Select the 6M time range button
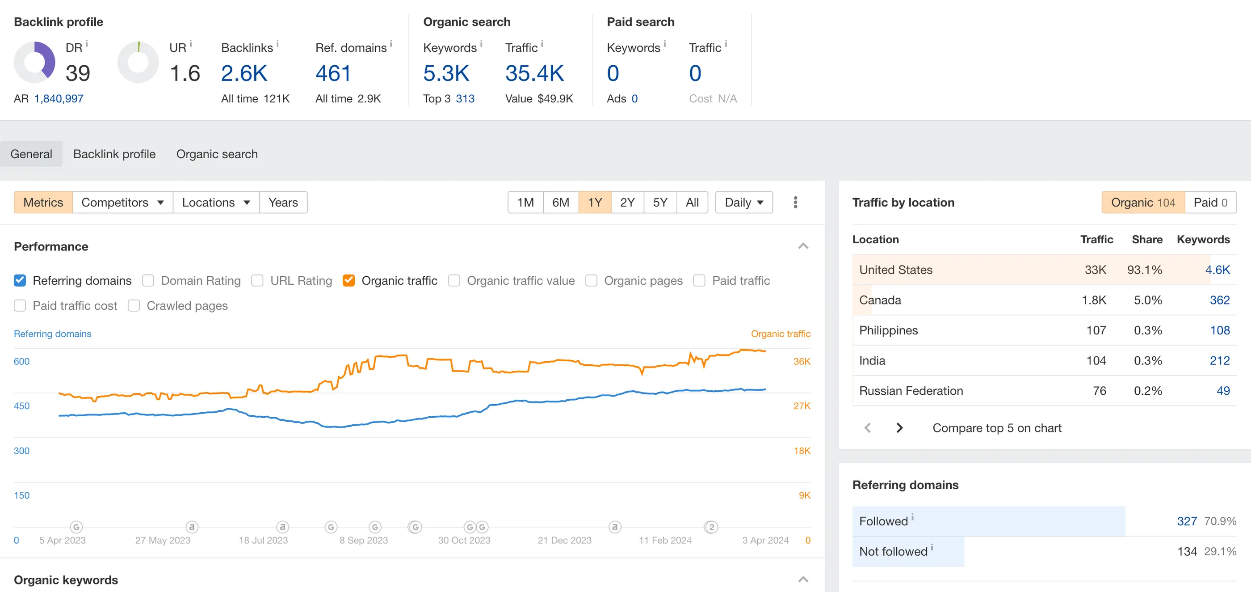pos(560,202)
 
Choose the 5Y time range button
pos(660,202)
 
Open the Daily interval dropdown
pos(743,202)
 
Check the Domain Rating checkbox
pos(148,280)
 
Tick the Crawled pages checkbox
pos(134,306)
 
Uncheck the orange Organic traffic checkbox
pos(348,280)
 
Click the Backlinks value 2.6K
pos(244,73)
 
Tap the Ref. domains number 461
pos(333,73)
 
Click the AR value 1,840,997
pos(59,99)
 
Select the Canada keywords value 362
pos(1219,300)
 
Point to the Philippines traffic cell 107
pos(1096,330)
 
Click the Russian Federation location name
pos(911,391)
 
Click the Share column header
pos(1146,239)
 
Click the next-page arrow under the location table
pos(899,428)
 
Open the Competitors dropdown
pos(122,202)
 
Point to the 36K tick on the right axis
pos(802,362)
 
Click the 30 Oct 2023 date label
pos(464,540)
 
